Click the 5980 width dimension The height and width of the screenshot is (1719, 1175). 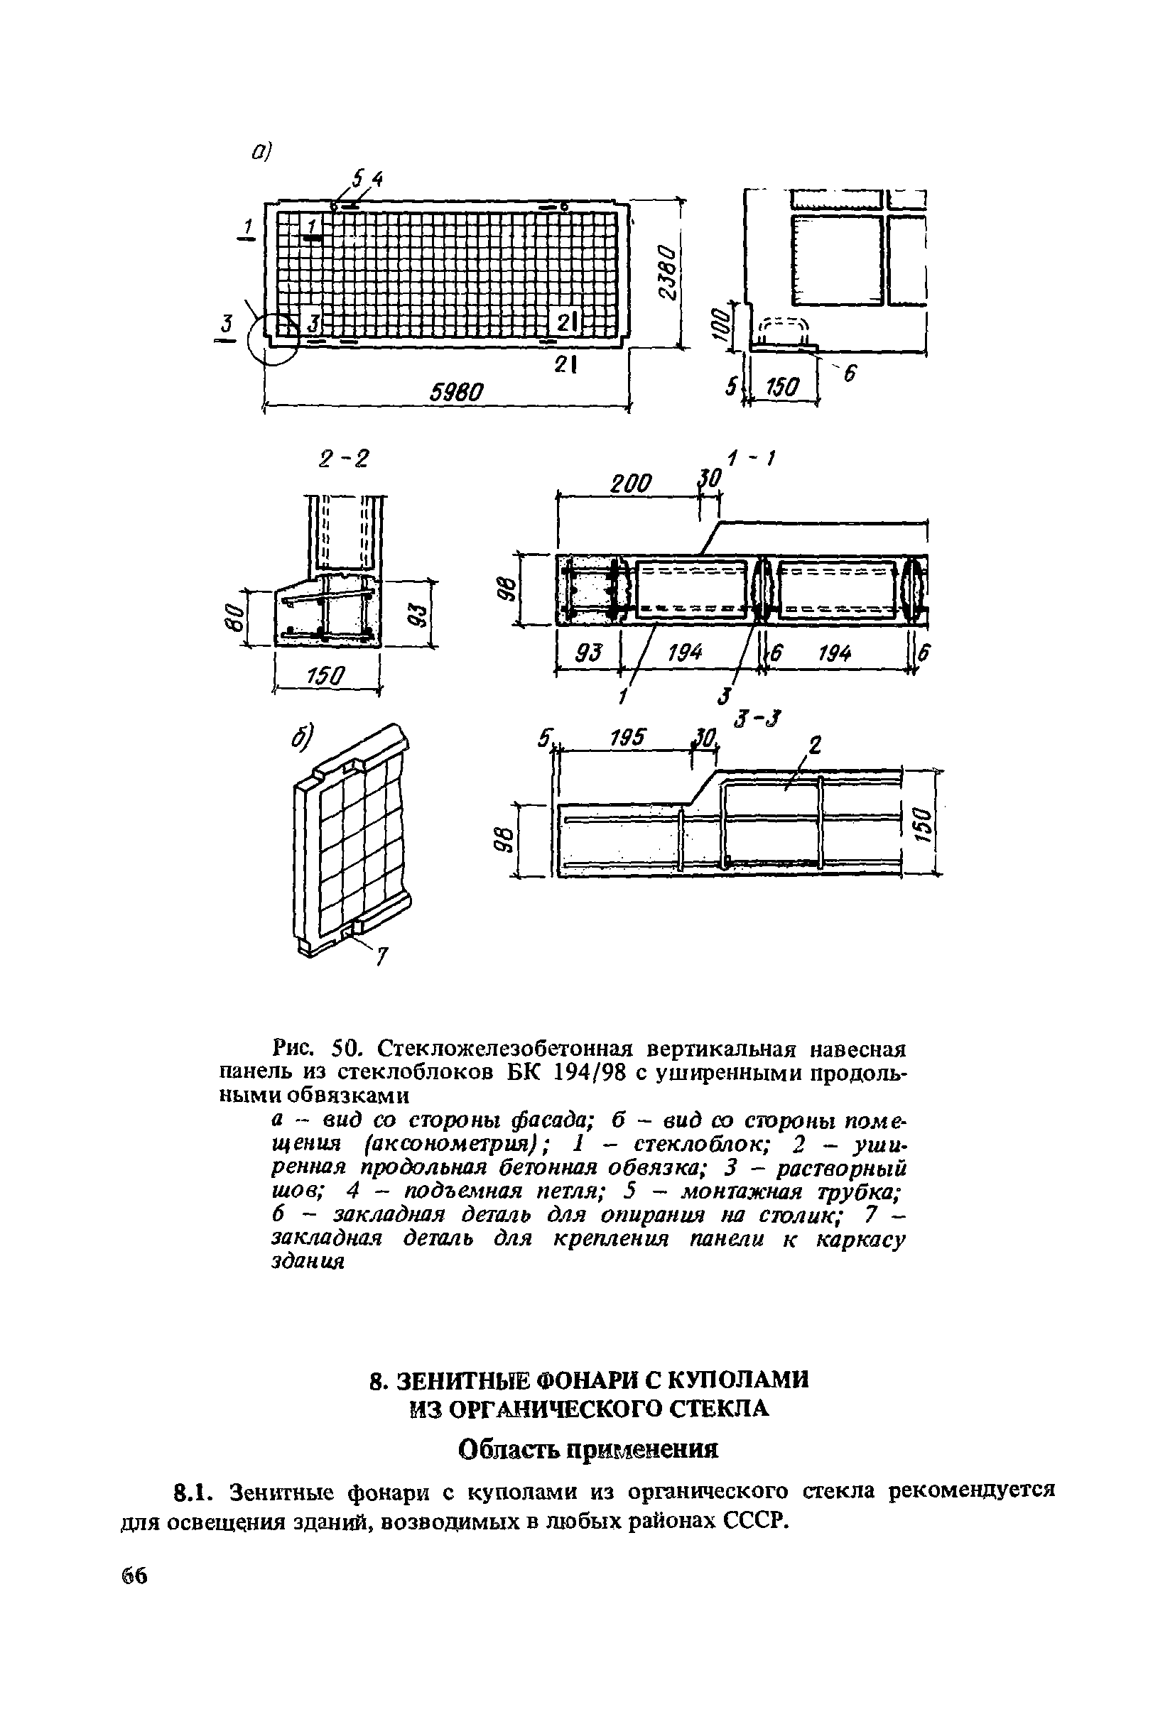tap(457, 391)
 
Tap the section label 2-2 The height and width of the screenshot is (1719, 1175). tap(343, 459)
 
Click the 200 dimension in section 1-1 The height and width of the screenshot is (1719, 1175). tap(630, 484)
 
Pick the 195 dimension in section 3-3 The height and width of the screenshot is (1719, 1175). tap(627, 738)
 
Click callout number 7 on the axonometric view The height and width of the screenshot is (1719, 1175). tap(381, 957)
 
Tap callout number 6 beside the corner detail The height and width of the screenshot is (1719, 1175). tap(849, 374)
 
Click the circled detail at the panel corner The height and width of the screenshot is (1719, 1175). tap(275, 338)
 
